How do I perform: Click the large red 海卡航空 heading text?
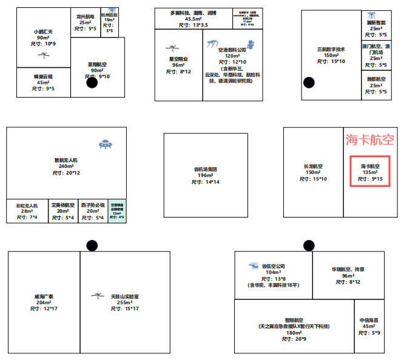click(370, 140)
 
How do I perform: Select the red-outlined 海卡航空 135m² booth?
click(370, 172)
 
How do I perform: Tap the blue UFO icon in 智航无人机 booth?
click(107, 144)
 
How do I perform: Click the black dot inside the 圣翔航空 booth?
click(92, 83)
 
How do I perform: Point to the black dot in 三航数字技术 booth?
click(309, 82)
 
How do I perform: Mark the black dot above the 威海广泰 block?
click(92, 245)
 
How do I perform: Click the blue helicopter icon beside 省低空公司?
click(254, 265)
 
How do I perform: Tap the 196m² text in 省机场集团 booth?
click(206, 175)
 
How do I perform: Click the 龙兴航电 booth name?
click(85, 16)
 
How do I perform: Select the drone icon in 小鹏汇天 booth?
click(44, 54)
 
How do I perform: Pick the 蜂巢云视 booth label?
click(43, 76)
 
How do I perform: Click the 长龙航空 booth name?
click(313, 166)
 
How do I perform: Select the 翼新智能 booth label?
click(376, 22)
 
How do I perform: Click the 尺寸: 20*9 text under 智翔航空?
click(294, 339)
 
